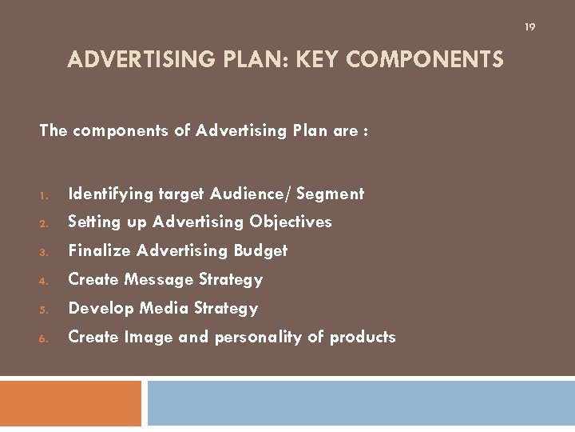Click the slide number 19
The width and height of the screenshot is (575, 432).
coord(529,27)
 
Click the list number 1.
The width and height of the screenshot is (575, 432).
coord(44,194)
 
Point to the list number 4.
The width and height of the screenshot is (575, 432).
coord(44,281)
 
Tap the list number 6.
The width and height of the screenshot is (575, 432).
coord(44,338)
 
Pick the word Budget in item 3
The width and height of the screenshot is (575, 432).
coord(260,250)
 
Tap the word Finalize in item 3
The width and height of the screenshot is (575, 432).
coord(100,250)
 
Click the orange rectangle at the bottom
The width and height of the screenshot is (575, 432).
coord(70,402)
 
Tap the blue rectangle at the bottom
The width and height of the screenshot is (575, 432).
coord(361,402)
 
